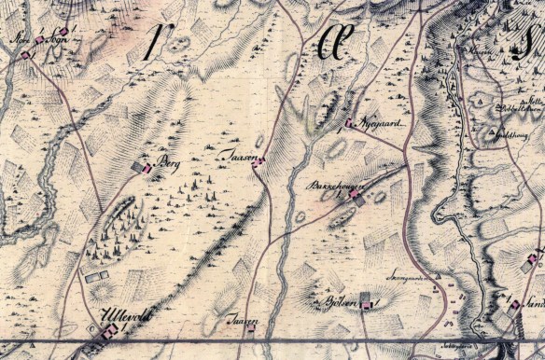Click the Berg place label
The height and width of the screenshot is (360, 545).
pos(169,161)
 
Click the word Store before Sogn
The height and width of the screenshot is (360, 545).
pos(22,41)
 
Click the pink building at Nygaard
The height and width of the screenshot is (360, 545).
pos(349,123)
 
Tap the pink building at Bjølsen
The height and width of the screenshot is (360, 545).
pos(370,305)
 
